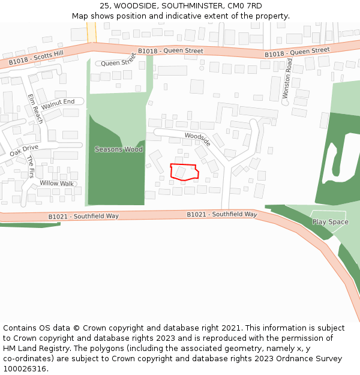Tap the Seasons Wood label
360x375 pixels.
(x=119, y=149)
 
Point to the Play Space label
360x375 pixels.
(x=330, y=222)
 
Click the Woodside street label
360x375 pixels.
(x=197, y=139)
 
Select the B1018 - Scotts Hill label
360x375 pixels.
(x=36, y=58)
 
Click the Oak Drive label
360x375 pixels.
(x=24, y=150)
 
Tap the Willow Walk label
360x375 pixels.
(x=56, y=183)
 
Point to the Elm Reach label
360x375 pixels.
(x=35, y=108)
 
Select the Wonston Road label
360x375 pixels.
(x=289, y=79)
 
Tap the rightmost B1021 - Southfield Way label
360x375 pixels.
(x=222, y=214)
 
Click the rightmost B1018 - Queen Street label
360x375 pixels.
(x=297, y=53)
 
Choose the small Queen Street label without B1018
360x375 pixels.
(x=118, y=62)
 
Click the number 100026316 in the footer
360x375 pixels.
(x=25, y=368)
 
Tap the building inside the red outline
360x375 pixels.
(x=180, y=172)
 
